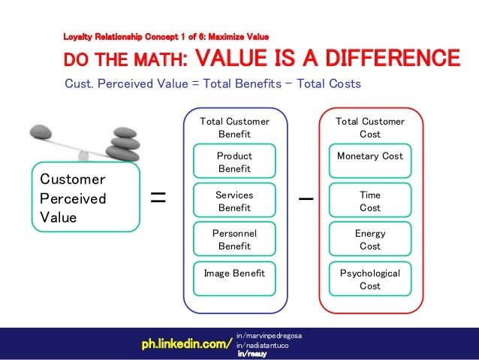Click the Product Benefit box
[x=233, y=162]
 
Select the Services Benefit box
[x=233, y=201]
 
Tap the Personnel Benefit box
[x=233, y=240]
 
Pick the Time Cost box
[x=369, y=201]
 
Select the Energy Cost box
[x=369, y=240]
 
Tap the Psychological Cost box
[x=369, y=280]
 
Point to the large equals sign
[x=158, y=198]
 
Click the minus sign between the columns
[x=306, y=199]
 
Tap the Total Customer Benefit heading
[x=233, y=128]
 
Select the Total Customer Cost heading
[x=369, y=128]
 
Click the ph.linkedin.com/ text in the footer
[x=187, y=344]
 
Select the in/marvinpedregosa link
[x=268, y=334]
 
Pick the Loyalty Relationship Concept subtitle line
[x=166, y=35]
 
